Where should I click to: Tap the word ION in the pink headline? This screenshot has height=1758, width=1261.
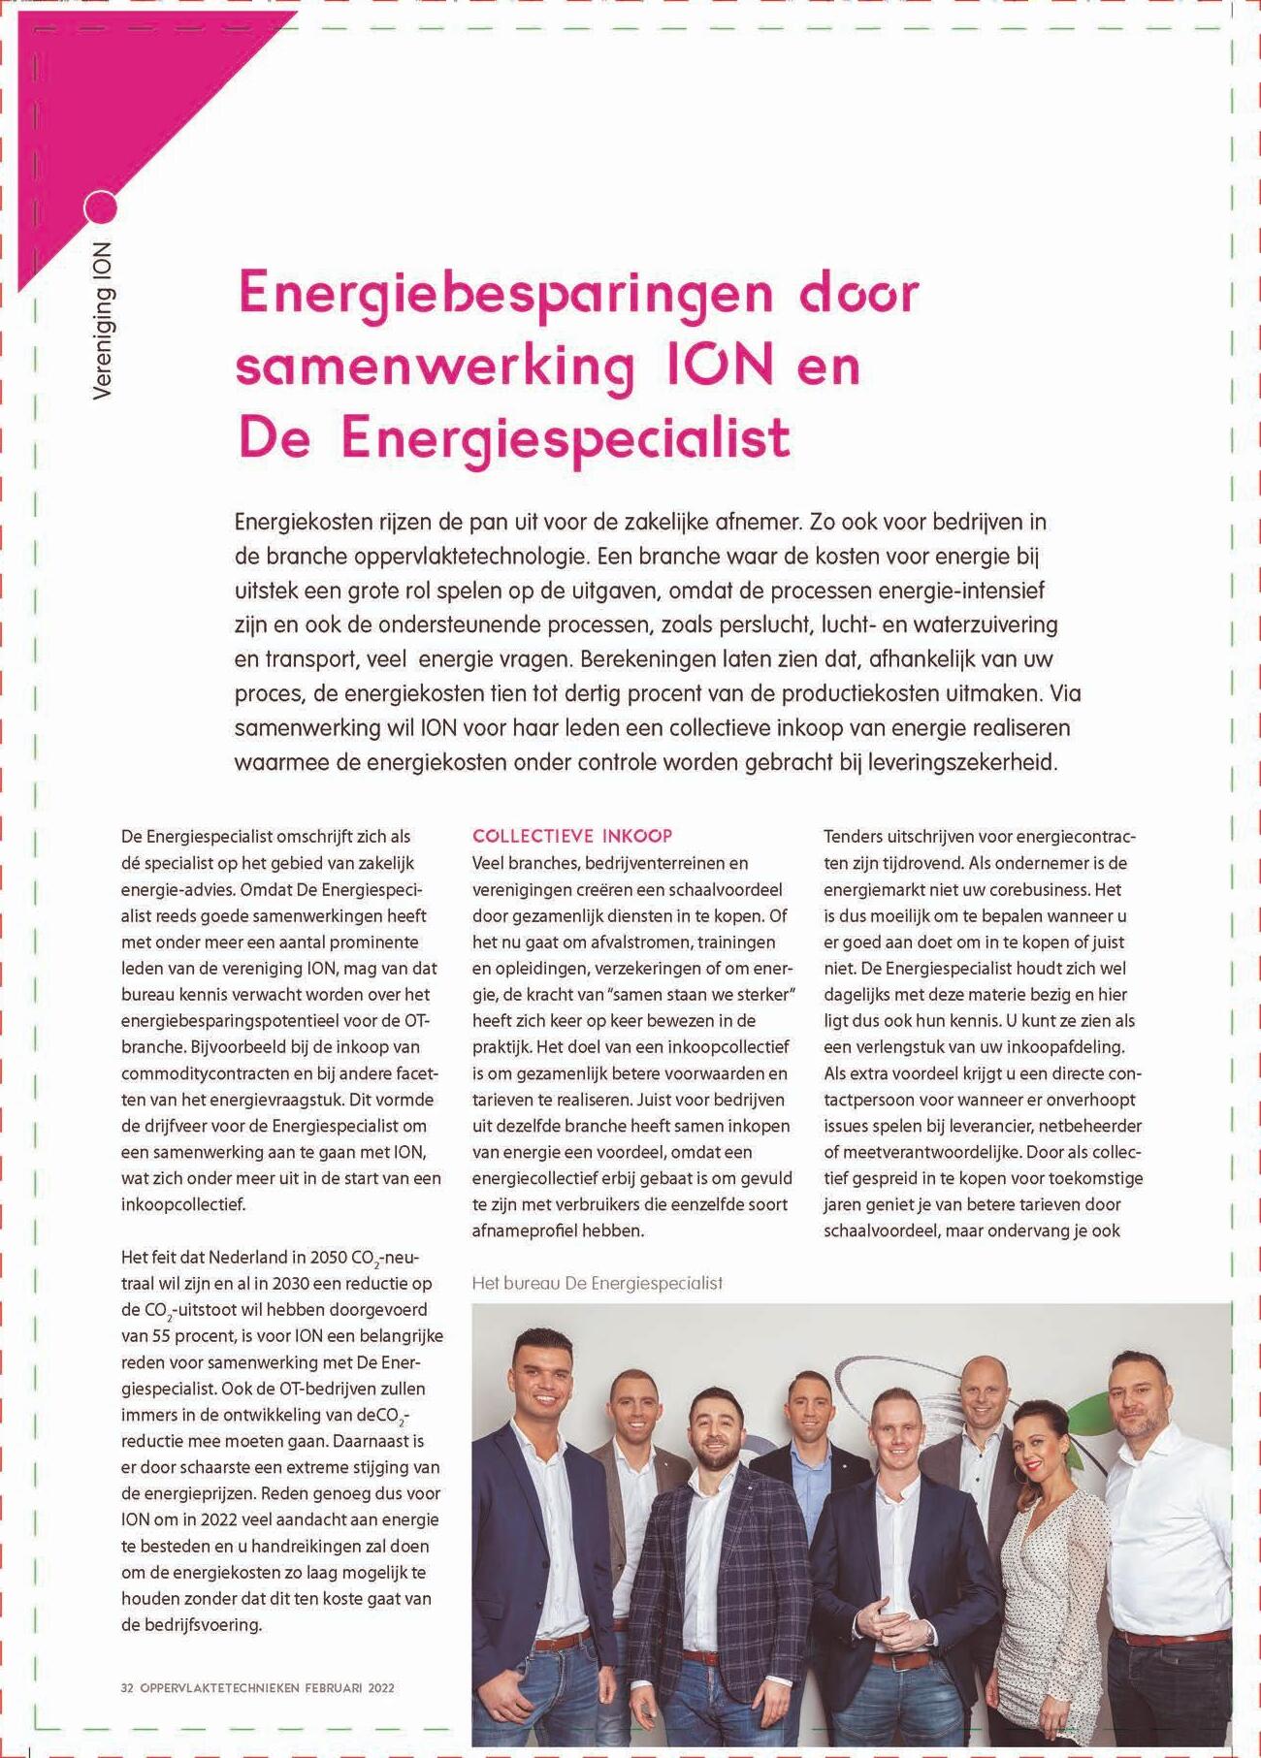(x=720, y=367)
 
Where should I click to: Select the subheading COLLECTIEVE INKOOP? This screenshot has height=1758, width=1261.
(x=572, y=836)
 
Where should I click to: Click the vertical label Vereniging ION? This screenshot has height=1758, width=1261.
(x=102, y=321)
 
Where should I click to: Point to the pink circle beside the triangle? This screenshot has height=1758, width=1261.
(x=101, y=207)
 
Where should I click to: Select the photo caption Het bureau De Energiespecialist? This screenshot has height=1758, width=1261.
(x=598, y=1283)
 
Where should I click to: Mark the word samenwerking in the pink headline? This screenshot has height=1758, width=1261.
(x=436, y=367)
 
